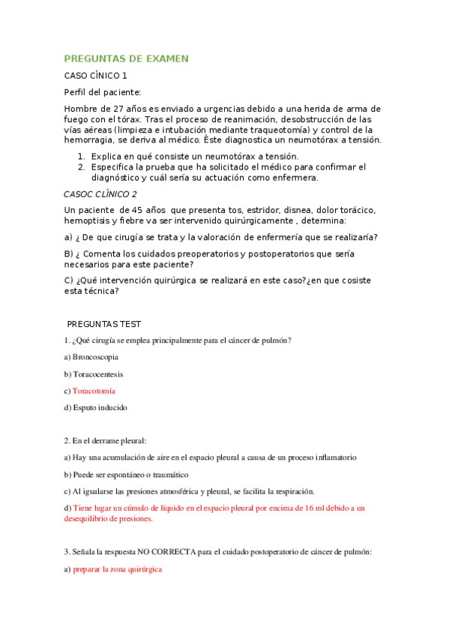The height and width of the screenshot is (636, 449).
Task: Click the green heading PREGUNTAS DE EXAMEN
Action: click(x=126, y=58)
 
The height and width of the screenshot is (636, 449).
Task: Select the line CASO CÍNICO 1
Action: click(x=96, y=76)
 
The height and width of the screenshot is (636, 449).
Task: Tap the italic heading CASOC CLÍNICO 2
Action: click(x=100, y=193)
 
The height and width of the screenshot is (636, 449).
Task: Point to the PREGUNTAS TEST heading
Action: click(x=104, y=324)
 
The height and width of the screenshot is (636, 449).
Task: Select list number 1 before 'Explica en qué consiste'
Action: click(x=80, y=156)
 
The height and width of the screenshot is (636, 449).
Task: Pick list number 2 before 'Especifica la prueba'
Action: click(x=80, y=166)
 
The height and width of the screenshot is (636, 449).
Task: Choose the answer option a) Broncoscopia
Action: click(x=91, y=357)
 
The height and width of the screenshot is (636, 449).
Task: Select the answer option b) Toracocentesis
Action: click(x=94, y=374)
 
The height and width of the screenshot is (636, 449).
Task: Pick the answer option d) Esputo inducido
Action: click(x=95, y=408)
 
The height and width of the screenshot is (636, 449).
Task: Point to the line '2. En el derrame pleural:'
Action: click(x=105, y=441)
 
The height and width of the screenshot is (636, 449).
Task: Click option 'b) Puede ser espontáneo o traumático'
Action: click(x=126, y=475)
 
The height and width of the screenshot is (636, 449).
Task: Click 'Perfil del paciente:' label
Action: click(x=103, y=92)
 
